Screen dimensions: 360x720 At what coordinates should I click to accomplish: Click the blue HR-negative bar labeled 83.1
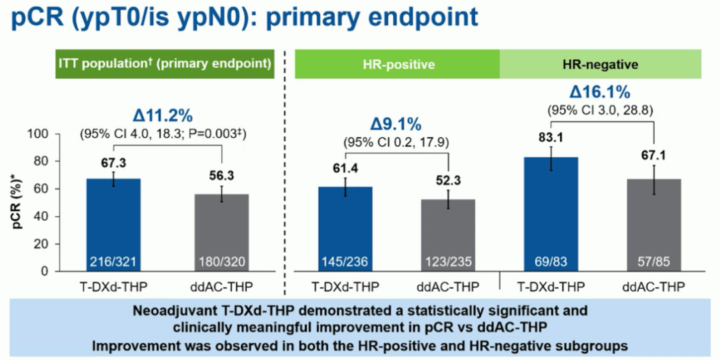(x=550, y=210)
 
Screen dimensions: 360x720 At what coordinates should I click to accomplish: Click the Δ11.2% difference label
(x=163, y=115)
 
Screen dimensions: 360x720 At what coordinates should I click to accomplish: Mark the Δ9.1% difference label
(x=395, y=124)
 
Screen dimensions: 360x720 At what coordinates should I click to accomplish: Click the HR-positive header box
(x=399, y=65)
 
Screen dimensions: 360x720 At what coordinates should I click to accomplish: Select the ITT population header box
(x=165, y=64)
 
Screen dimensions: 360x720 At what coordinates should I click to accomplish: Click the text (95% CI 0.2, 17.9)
(x=395, y=141)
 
